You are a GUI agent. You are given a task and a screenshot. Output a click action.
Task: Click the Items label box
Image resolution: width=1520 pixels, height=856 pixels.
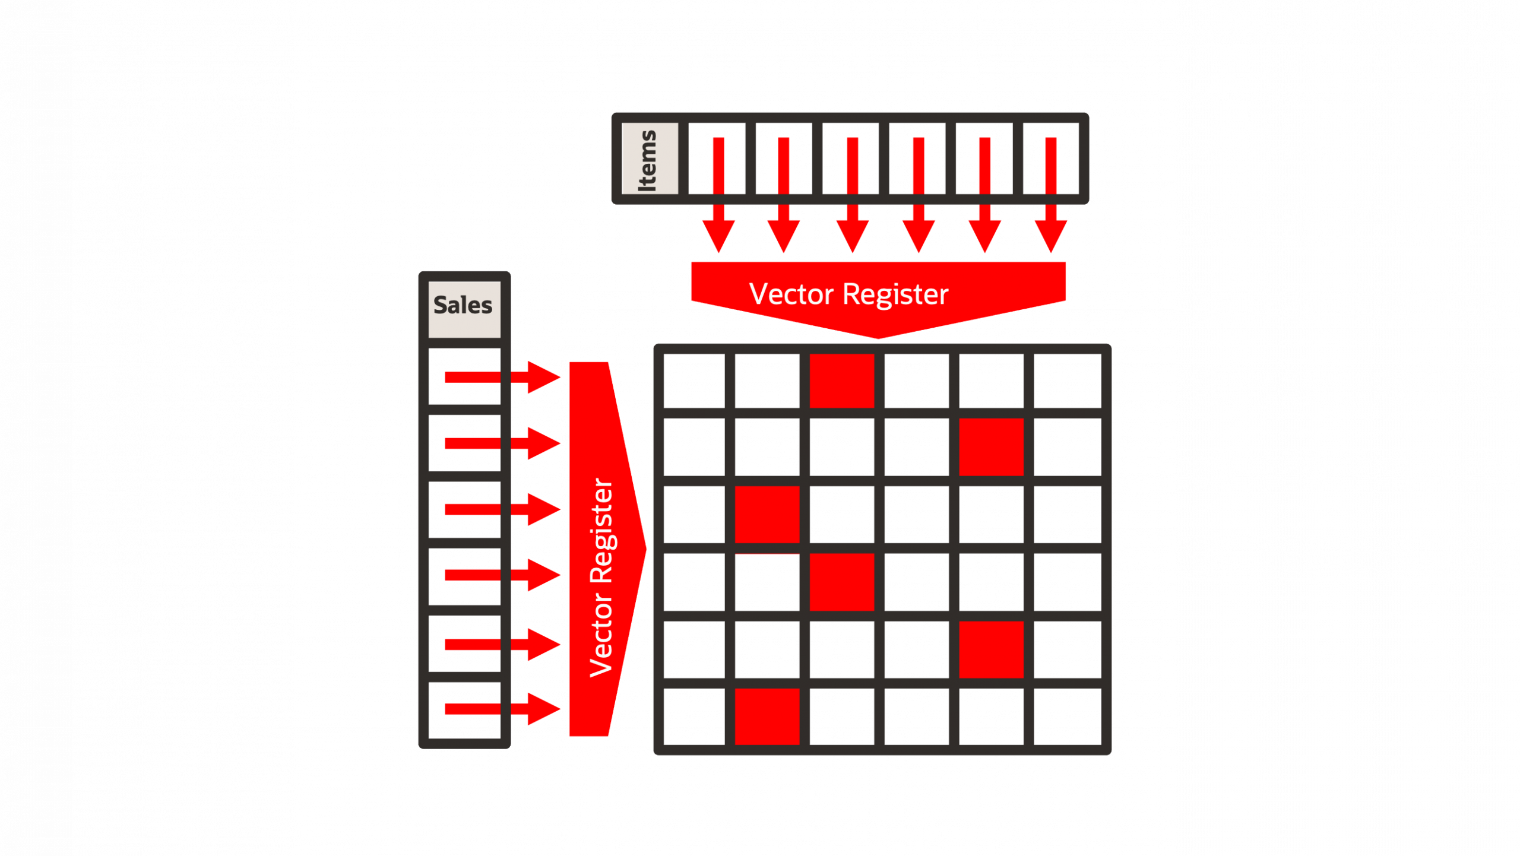click(650, 158)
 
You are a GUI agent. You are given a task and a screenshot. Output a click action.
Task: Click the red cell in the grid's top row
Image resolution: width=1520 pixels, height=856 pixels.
click(841, 381)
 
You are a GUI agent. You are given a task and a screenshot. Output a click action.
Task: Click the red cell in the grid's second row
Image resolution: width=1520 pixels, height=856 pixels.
click(991, 447)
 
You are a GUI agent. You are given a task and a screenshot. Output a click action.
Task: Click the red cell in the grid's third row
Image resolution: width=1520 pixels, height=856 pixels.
click(767, 514)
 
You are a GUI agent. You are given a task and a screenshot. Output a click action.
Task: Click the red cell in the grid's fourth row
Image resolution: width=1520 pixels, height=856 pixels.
click(841, 582)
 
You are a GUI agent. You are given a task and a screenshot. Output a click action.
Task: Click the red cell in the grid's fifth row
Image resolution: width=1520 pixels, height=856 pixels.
click(991, 649)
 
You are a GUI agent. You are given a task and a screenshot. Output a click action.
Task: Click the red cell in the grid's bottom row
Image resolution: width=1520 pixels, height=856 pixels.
click(767, 716)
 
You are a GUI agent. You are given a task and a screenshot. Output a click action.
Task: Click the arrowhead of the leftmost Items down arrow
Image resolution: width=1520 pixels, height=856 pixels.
click(718, 236)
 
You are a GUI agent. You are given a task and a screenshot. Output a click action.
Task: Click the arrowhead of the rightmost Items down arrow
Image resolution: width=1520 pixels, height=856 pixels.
click(1050, 236)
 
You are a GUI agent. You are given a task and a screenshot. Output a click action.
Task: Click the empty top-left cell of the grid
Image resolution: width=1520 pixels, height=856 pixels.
click(693, 381)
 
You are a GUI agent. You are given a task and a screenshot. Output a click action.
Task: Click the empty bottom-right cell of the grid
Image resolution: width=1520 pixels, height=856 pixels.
click(1067, 716)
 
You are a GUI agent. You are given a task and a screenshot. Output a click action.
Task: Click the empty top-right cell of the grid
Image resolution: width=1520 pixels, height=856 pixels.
click(1067, 381)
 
